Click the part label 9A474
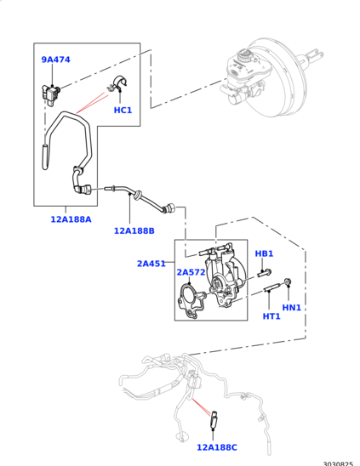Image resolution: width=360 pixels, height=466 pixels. (x=55, y=60)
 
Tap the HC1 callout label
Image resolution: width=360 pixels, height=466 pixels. (x=123, y=110)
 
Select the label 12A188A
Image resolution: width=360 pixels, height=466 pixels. (x=71, y=219)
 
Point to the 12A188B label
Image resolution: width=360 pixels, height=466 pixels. (x=134, y=230)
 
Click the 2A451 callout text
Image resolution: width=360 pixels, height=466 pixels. (x=151, y=264)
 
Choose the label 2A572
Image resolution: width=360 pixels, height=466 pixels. (x=191, y=272)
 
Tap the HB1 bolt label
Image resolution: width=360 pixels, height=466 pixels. (x=264, y=253)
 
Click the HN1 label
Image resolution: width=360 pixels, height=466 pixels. (x=292, y=308)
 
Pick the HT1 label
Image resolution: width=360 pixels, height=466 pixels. (x=271, y=316)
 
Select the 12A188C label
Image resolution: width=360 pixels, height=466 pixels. (x=217, y=447)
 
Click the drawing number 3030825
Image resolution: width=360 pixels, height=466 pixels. (x=338, y=463)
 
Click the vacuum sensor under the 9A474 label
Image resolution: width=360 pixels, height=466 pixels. (x=50, y=94)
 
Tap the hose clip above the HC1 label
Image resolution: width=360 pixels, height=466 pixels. (x=118, y=83)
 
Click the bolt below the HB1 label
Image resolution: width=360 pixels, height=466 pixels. (x=264, y=272)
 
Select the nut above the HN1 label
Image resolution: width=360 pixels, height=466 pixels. (x=288, y=281)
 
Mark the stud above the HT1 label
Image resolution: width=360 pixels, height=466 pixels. (x=271, y=287)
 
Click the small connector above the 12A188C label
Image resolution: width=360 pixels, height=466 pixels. (x=214, y=418)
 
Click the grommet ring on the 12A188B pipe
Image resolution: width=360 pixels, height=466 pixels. (x=138, y=196)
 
